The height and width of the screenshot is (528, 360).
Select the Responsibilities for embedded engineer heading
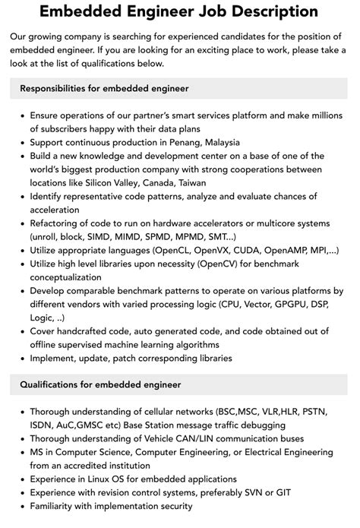pyautogui.click(x=104, y=88)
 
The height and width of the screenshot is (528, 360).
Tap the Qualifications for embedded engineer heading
pyautogui.click(x=101, y=385)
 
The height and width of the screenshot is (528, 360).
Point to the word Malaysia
pyautogui.click(x=217, y=142)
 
